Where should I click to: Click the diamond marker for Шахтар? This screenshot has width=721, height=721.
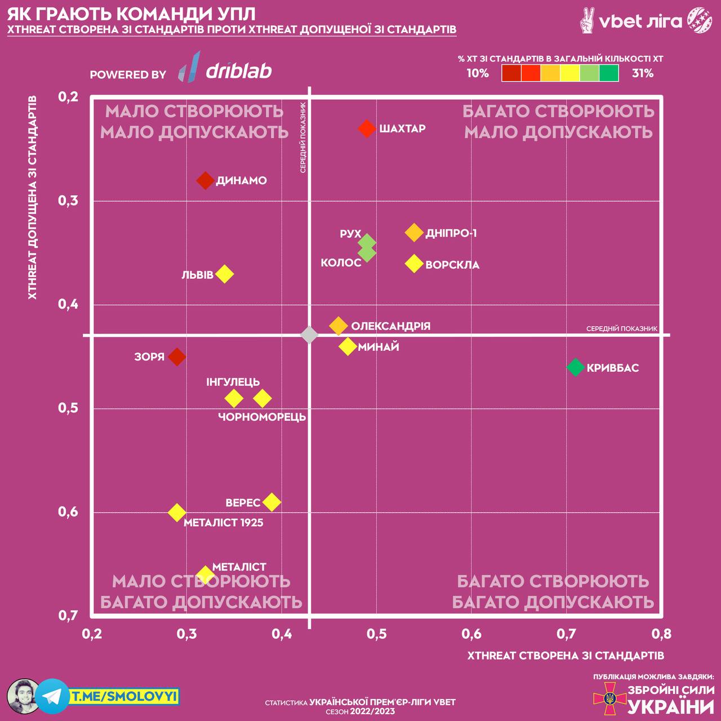point(367,128)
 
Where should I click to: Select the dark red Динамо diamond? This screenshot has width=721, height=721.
point(206,180)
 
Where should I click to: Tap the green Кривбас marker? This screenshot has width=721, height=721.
point(575,367)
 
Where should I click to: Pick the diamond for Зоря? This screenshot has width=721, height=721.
point(177,357)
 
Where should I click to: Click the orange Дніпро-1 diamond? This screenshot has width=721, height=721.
point(414,232)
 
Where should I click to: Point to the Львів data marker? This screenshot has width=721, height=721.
point(224,274)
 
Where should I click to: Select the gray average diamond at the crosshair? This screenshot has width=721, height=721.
point(309,335)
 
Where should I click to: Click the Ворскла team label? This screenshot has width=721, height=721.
point(452,265)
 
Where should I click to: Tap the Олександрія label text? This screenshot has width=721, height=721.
point(390,326)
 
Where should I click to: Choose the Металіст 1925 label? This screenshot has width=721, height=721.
point(224,523)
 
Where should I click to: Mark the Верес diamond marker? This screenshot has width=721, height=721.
point(272,502)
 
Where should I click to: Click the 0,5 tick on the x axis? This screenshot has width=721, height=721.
point(377,634)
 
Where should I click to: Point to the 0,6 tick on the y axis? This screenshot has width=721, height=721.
point(68,511)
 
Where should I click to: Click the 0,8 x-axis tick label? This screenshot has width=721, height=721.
point(661,634)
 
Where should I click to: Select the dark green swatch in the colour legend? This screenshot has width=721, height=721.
point(609,73)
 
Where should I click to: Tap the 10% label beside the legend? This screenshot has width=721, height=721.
point(478,73)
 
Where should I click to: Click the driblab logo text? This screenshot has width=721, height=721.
point(239,70)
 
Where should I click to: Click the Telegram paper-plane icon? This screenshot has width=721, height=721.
point(52,696)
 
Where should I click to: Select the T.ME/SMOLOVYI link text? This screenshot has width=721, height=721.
point(124,697)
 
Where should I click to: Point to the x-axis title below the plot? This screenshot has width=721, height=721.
point(566,655)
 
